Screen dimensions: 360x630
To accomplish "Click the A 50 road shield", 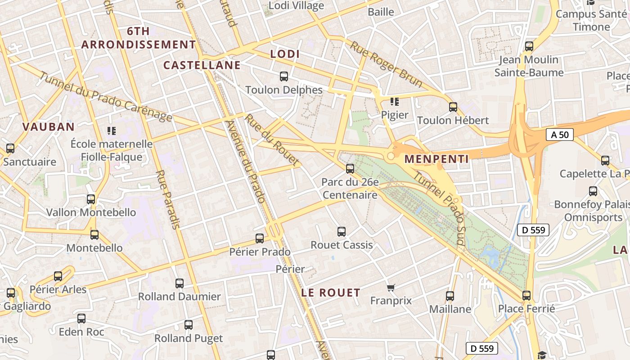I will click(x=560, y=135).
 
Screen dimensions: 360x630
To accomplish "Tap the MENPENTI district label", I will click(x=436, y=159).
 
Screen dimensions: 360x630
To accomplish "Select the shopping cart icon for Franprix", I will click(x=391, y=288).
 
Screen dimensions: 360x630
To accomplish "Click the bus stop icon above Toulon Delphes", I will click(x=284, y=76).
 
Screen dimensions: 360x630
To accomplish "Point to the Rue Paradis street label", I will click(x=167, y=199).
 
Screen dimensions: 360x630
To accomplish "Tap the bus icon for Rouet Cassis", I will click(x=342, y=232).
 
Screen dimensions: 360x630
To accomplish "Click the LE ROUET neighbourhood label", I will click(x=331, y=292).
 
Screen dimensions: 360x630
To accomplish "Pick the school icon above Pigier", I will click(x=395, y=102).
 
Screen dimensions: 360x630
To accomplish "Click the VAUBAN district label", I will click(x=49, y=127).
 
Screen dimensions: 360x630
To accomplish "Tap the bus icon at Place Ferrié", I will click(x=526, y=296).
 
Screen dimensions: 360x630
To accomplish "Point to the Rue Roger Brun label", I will click(x=386, y=65).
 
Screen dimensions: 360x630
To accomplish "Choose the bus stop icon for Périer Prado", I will click(x=260, y=238).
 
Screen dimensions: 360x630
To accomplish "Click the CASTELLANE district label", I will click(x=202, y=65).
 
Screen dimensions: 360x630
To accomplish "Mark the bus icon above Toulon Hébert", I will click(x=453, y=107).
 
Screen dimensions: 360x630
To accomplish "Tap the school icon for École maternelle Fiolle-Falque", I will click(x=112, y=131).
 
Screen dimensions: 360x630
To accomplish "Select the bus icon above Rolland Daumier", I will click(x=180, y=283).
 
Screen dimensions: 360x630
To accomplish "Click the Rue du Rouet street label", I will click(x=272, y=139).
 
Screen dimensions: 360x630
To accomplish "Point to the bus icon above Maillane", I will click(x=450, y=296).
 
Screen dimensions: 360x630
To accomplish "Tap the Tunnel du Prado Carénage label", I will click(x=106, y=96).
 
